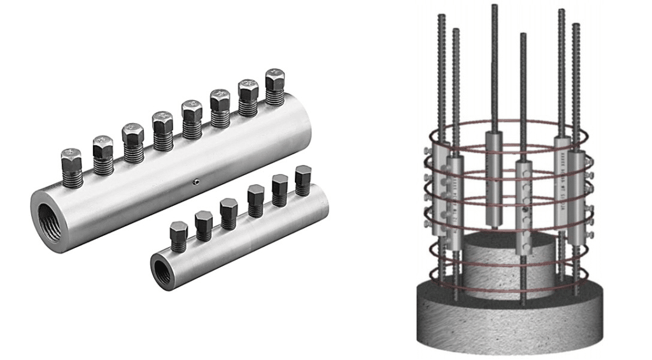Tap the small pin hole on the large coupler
coord(197,183)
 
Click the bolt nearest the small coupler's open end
coord(179,236)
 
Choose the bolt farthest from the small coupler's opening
coord(303,180)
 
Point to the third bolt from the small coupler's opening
coord(229,213)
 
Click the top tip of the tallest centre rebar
coord(494,6)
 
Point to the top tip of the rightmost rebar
coord(576,25)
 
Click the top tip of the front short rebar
coord(523,35)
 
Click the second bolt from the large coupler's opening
coord(103,153)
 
